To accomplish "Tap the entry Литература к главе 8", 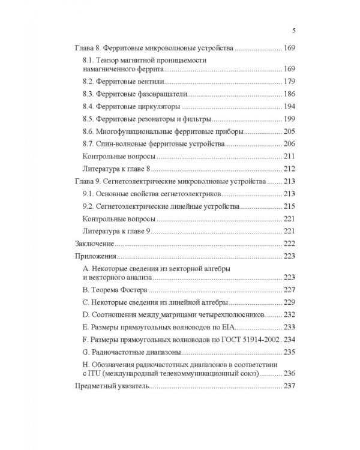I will (x=116, y=169).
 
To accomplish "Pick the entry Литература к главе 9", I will (x=116, y=232).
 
